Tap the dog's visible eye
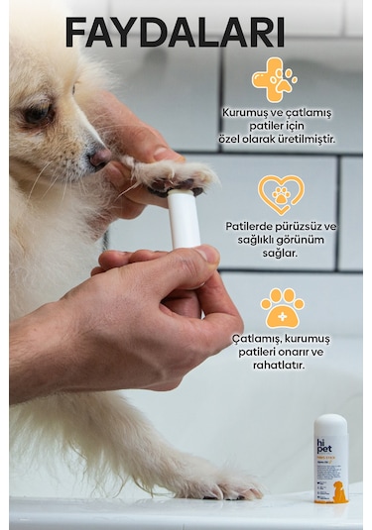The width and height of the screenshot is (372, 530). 38,115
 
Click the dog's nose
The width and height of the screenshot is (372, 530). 98,157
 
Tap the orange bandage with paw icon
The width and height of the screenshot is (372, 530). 275,79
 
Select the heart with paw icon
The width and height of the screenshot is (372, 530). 281,194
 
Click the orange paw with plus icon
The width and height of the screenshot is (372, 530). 282,308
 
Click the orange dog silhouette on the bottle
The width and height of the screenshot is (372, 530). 340,491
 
